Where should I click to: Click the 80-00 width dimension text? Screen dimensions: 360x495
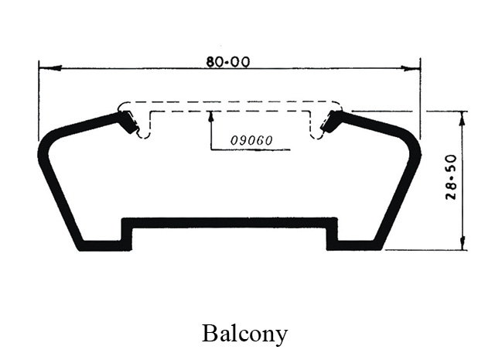click(227, 62)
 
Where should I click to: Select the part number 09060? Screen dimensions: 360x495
click(251, 142)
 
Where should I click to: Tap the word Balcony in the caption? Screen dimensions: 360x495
click(244, 334)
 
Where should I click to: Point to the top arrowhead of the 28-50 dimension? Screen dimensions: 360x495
click(463, 116)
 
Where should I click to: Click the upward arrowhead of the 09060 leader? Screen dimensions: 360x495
click(210, 116)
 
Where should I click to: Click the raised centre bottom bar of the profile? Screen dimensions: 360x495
click(230, 222)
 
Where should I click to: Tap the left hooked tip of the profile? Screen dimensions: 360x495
click(125, 122)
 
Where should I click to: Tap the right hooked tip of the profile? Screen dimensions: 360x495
click(334, 122)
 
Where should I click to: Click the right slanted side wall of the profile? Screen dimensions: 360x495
click(396, 197)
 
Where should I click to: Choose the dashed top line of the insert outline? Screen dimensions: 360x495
click(230, 101)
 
